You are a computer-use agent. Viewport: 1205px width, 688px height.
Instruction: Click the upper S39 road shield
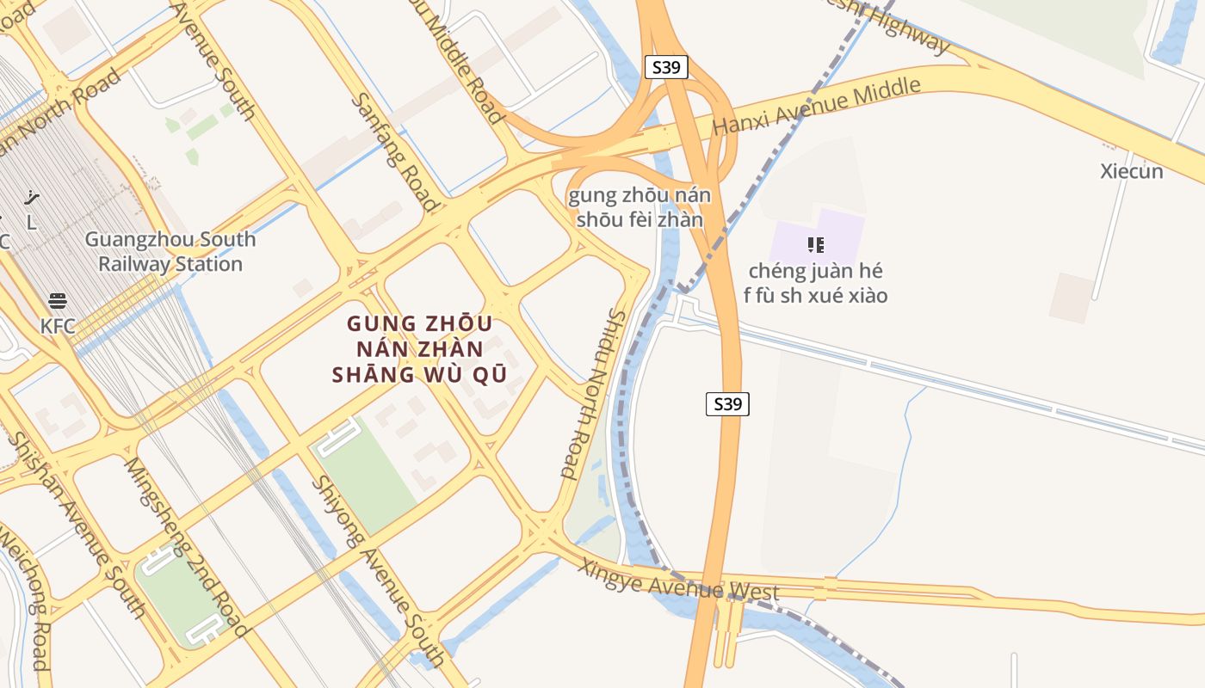(x=666, y=67)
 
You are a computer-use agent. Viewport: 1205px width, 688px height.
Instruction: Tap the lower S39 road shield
(x=727, y=403)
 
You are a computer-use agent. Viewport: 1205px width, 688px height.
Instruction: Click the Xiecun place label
(x=1131, y=171)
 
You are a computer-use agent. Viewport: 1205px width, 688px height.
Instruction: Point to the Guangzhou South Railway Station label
(x=170, y=251)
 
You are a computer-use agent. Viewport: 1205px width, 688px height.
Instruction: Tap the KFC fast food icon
(x=58, y=302)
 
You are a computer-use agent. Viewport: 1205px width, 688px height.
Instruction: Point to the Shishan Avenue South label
(x=76, y=525)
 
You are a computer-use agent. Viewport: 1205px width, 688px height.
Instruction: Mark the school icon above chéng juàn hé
(x=816, y=245)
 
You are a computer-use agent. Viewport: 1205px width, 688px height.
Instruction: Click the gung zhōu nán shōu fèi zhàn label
(x=640, y=207)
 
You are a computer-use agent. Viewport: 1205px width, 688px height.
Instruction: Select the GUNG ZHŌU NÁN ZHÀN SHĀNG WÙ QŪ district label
(x=419, y=349)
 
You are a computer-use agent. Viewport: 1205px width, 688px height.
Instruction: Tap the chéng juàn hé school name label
(x=815, y=283)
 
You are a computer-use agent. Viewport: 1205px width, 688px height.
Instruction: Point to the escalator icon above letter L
(x=31, y=198)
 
